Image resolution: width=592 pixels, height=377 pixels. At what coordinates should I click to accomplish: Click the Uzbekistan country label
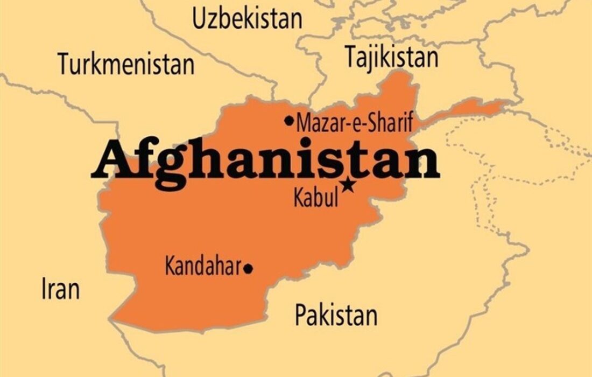(247, 19)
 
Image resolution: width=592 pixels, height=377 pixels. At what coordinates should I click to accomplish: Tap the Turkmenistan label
(126, 64)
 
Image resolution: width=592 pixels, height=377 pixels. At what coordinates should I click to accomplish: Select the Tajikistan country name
(391, 57)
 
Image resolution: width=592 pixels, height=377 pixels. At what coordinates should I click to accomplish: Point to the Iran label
(60, 289)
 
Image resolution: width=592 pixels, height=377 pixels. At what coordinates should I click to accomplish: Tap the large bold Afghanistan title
(265, 160)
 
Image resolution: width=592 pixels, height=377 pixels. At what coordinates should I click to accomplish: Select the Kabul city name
(316, 198)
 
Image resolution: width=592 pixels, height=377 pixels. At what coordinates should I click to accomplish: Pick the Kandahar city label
(202, 267)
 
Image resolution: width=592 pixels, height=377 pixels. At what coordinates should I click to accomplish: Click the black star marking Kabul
(349, 185)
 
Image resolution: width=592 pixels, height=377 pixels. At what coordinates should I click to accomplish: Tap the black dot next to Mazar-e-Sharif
(290, 121)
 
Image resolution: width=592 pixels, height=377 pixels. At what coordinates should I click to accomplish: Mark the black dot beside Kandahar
(248, 268)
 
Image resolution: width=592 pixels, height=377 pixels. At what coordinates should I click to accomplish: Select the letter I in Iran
(44, 289)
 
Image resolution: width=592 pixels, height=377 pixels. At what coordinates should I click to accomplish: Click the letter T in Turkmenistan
(64, 64)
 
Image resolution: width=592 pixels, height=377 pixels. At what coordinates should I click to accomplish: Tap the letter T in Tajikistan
(350, 57)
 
